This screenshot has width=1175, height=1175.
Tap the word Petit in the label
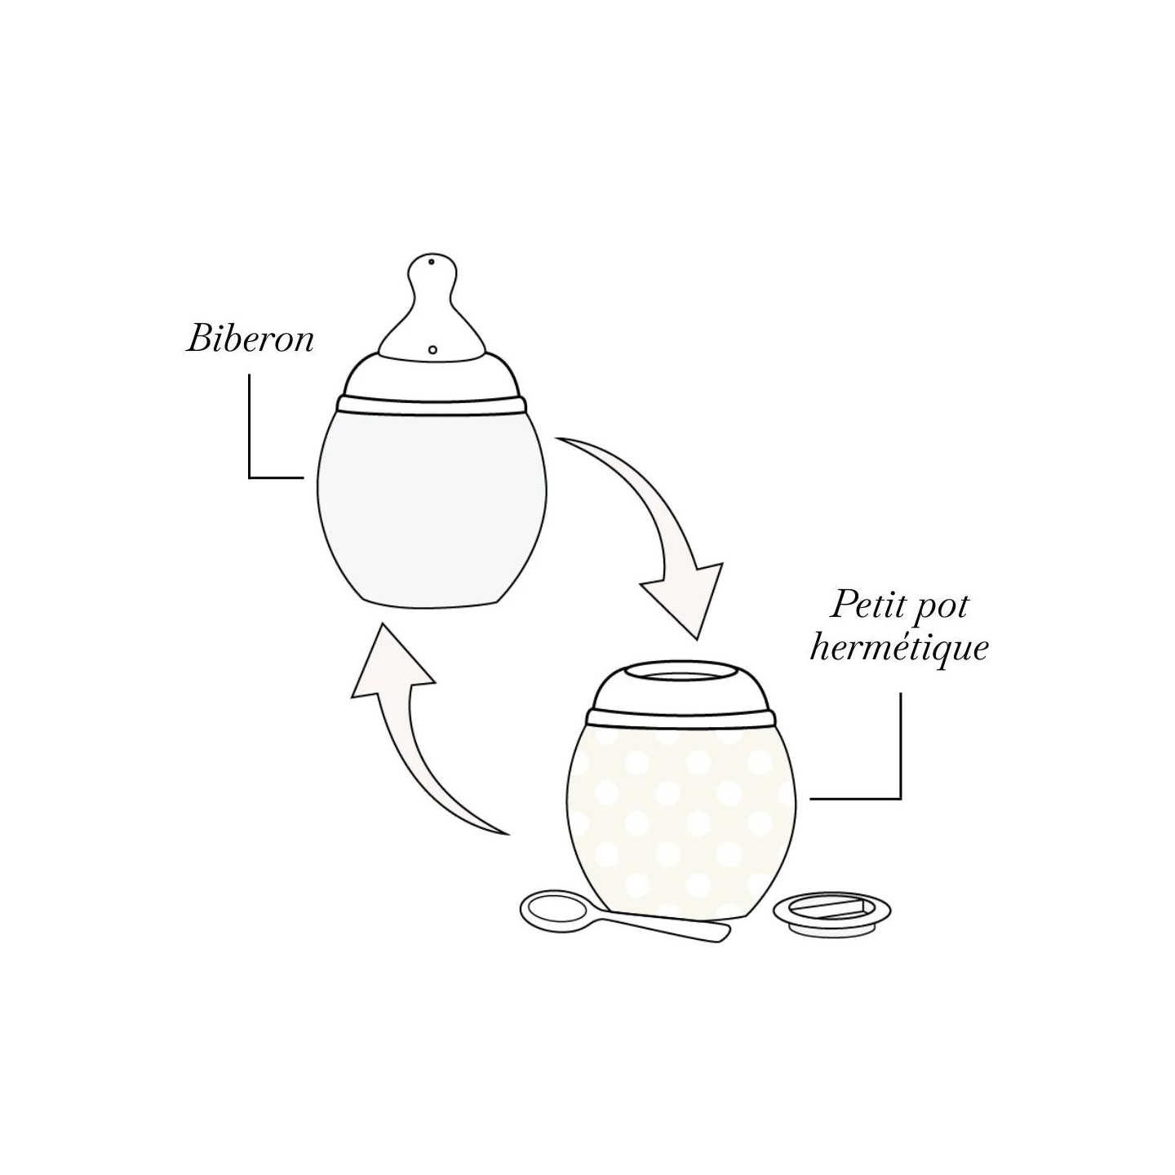pyautogui.click(x=859, y=606)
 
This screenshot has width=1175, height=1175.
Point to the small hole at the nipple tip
pyautogui.click(x=432, y=262)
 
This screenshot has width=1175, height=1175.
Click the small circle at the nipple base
pyautogui.click(x=432, y=350)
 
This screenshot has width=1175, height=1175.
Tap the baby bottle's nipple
pyautogui.click(x=432, y=305)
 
